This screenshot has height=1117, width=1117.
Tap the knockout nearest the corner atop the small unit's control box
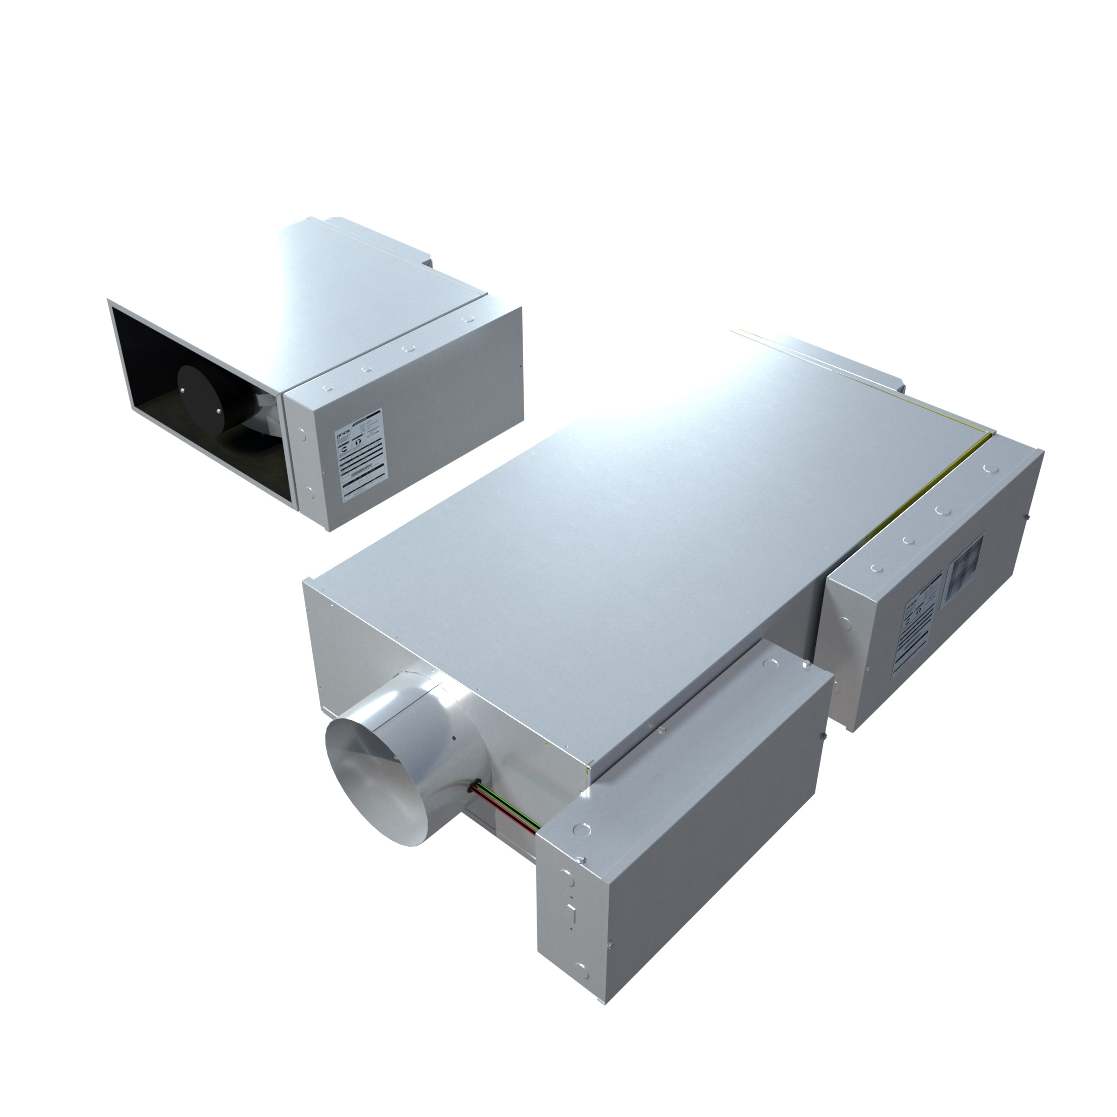point(327,389)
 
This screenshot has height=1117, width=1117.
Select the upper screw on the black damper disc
point(184,391)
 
